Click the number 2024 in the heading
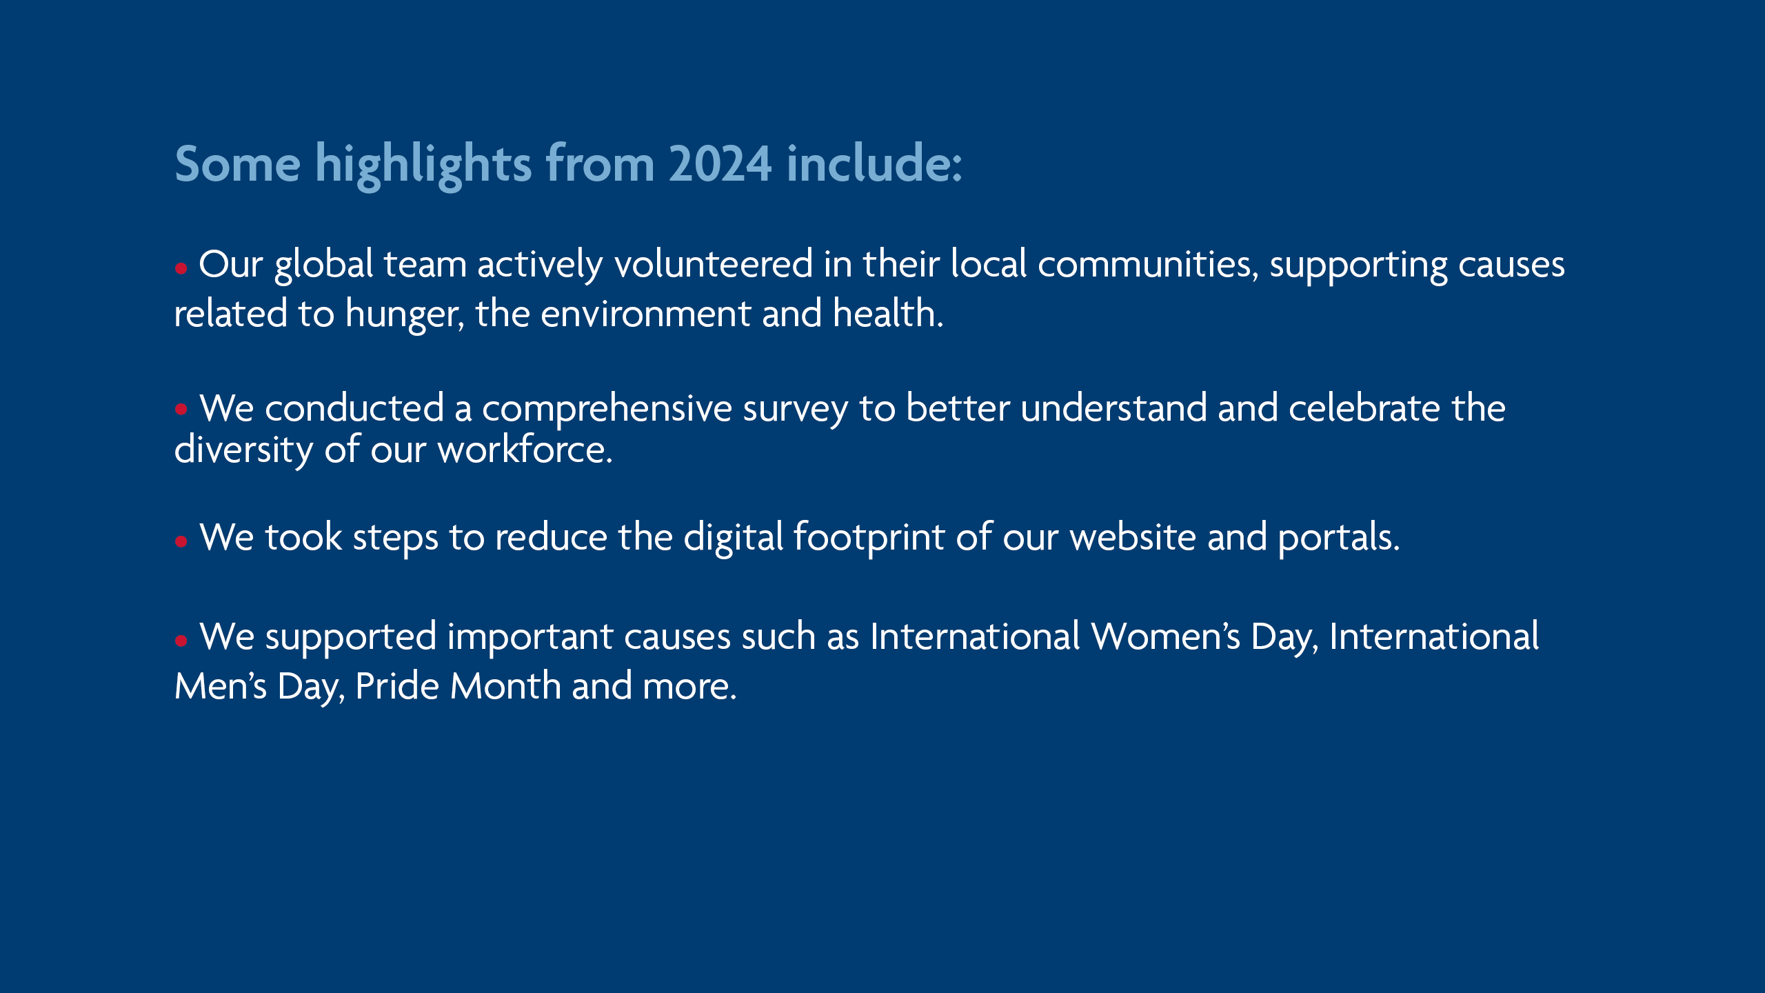click(x=720, y=164)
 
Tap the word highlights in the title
click(x=423, y=165)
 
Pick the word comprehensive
click(x=607, y=409)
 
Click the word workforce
click(x=525, y=449)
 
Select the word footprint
click(x=869, y=537)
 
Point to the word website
click(x=1133, y=536)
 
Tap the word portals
click(x=1339, y=538)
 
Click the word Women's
click(x=1165, y=636)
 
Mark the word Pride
click(x=397, y=685)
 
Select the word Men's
click(x=221, y=686)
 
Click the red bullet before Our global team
click(x=181, y=268)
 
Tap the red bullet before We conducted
click(x=181, y=410)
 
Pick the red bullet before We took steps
click(x=181, y=541)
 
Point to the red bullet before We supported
click(x=181, y=641)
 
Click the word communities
click(x=1149, y=264)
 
